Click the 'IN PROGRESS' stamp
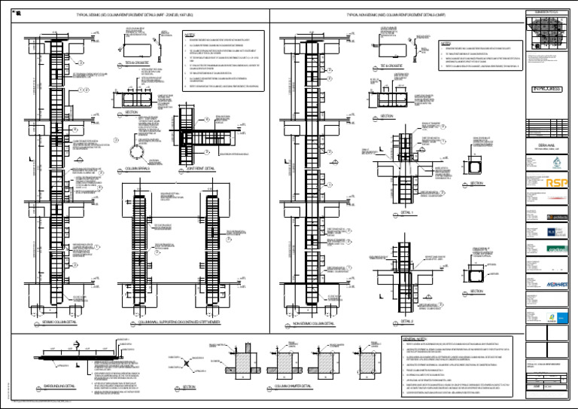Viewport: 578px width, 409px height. pos(547,89)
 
